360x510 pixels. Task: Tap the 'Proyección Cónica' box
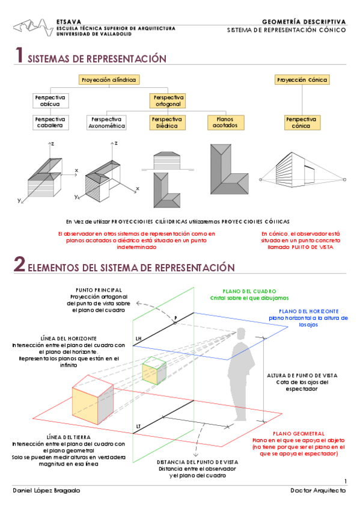[297, 79]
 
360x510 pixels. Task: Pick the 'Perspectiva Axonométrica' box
[106, 122]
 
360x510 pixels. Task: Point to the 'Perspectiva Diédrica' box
[166, 122]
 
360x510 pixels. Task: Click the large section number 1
[19, 57]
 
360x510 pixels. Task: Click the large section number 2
[20, 265]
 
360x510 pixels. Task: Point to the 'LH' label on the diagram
[138, 339]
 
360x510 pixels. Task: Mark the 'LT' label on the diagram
[138, 426]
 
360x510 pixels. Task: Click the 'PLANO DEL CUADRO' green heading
[249, 290]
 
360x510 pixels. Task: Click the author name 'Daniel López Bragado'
[46, 491]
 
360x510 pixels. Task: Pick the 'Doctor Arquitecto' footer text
[317, 491]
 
